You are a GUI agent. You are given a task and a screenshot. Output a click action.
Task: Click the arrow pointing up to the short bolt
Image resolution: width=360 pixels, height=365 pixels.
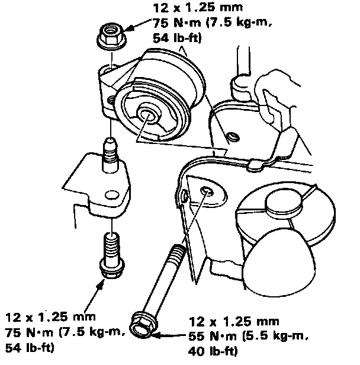tap(97, 286)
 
